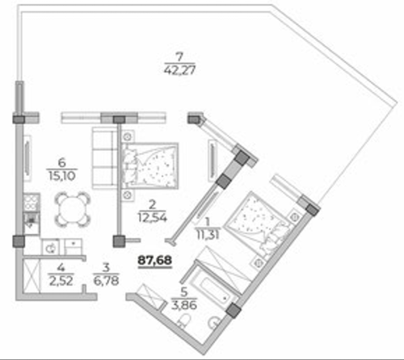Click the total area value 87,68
[155, 260]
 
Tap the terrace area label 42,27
[179, 70]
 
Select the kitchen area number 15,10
[62, 176]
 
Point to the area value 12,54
[153, 217]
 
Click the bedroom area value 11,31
[208, 235]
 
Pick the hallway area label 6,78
[107, 281]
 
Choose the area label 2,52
[61, 281]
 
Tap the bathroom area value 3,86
[184, 305]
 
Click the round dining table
[72, 209]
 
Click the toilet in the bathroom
[184, 320]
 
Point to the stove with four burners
[32, 203]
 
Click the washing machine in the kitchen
[50, 247]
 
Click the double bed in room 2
[150, 165]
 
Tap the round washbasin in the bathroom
[214, 321]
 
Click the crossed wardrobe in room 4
[32, 275]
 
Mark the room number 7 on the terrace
[179, 57]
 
